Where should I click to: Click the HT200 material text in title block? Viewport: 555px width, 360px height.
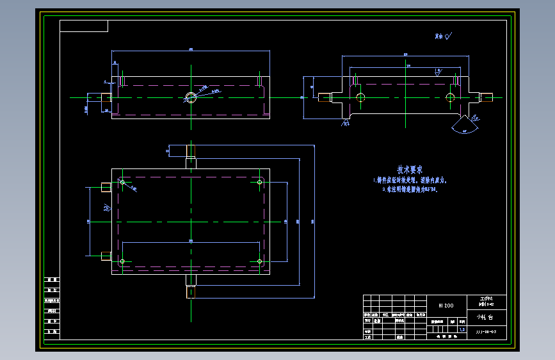click(446, 306)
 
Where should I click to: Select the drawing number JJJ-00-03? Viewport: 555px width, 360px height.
click(486, 332)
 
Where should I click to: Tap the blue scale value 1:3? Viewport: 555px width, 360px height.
click(462, 329)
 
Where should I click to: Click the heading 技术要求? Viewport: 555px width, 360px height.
click(410, 170)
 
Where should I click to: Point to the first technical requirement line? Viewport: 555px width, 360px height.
click(410, 181)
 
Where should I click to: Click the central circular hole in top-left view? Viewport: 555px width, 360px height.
click(191, 97)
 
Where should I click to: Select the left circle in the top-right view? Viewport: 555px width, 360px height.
click(360, 97)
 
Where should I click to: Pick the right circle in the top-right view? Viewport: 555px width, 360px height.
click(451, 97)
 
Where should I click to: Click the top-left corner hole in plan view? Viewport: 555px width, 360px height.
click(122, 183)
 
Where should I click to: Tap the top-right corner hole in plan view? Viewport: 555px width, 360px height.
click(259, 183)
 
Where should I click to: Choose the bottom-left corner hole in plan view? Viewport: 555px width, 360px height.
click(122, 261)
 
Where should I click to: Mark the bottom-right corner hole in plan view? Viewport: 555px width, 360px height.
click(259, 261)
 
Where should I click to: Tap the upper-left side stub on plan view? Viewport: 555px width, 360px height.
click(106, 186)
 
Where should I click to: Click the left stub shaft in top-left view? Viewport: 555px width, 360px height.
click(106, 97)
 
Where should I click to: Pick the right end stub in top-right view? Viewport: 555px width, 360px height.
click(487, 97)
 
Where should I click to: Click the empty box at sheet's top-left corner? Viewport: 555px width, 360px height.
click(84, 26)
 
